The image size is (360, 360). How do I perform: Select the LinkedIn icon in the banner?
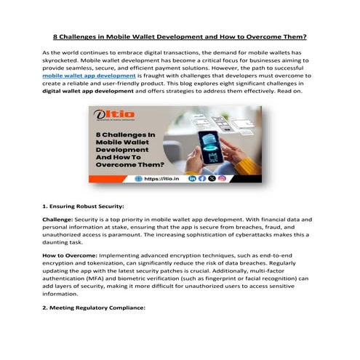point(193,178)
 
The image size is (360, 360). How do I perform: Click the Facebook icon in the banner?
point(202,178)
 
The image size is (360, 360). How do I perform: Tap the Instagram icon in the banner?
point(222,178)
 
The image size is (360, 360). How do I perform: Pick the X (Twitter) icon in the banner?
point(212,178)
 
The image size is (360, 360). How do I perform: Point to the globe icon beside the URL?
point(139,178)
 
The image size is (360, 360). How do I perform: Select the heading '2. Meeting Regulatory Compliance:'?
point(94,308)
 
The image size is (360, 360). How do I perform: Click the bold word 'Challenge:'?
point(59,219)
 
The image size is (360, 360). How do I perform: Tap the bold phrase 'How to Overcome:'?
point(69,257)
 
